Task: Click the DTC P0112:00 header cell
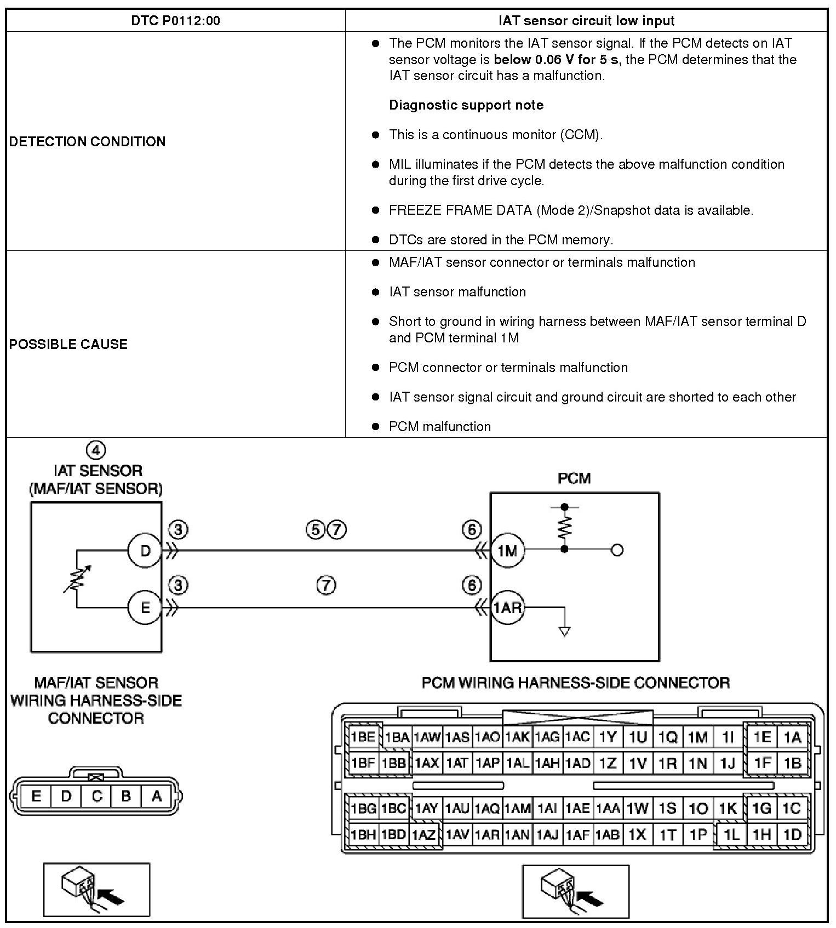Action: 175,21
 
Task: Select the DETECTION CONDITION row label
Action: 87,141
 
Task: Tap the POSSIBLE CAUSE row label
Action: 68,344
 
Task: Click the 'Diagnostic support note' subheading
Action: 466,105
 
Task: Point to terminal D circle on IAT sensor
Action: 145,550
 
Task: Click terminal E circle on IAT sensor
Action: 145,608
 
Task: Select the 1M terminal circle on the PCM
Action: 507,550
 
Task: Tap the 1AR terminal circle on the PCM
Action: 507,608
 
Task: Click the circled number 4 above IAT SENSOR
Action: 96,450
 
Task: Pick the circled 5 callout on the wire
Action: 315,530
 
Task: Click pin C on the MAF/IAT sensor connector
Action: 96,797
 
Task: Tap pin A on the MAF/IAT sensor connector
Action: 157,797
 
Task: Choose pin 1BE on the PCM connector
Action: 362,737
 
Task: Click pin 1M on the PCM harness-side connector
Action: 697,738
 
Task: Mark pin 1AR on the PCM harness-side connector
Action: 487,835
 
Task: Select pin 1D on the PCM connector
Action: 792,835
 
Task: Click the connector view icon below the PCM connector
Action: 575,891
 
